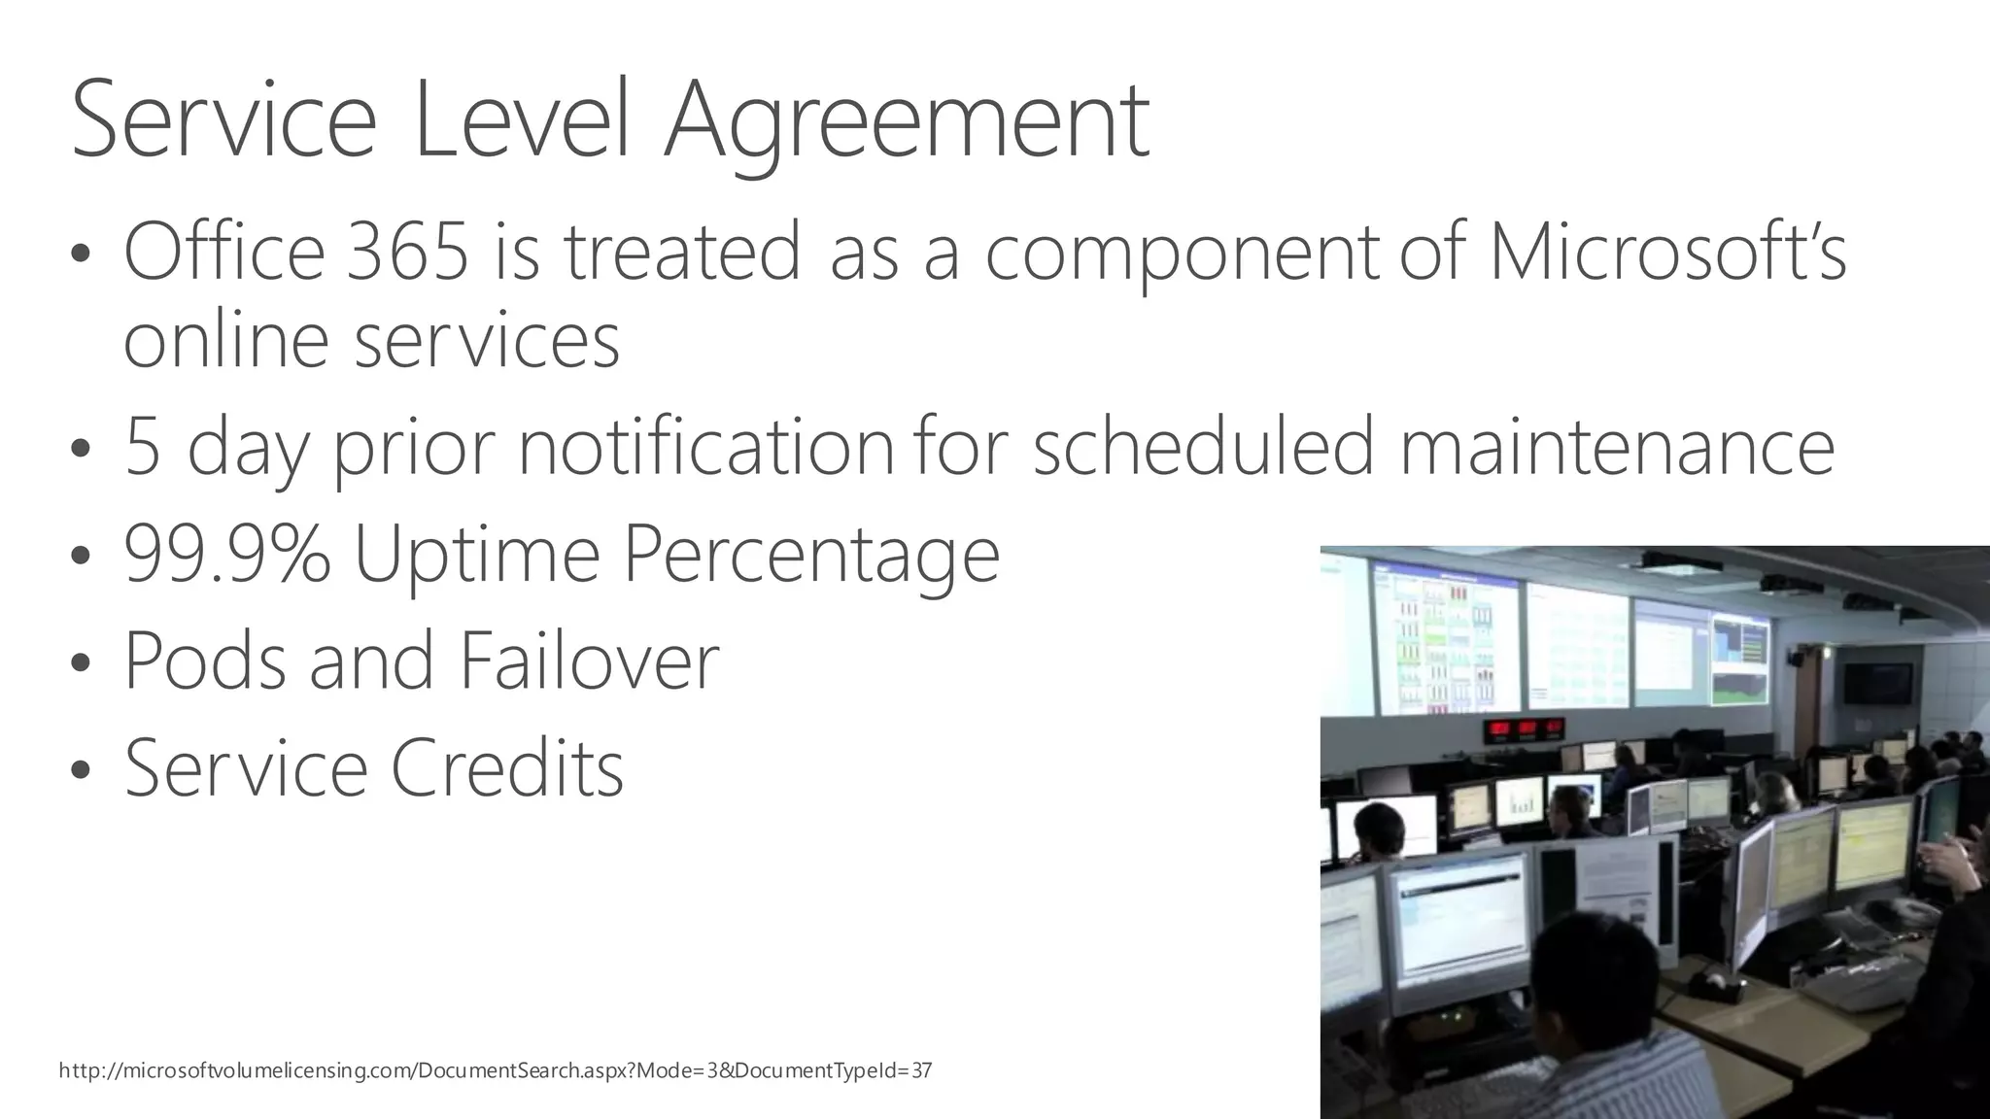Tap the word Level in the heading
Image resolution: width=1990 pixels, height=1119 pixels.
[521, 121]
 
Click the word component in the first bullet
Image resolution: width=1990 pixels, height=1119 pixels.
[1182, 253]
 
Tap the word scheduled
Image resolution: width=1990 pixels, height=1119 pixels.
[1202, 447]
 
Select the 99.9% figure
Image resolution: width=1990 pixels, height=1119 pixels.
[226, 554]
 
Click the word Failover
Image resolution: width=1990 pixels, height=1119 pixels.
[589, 661]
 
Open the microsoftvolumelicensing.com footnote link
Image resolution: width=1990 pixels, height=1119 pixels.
[495, 1071]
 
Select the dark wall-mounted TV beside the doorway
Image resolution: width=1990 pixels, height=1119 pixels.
[1877, 683]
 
